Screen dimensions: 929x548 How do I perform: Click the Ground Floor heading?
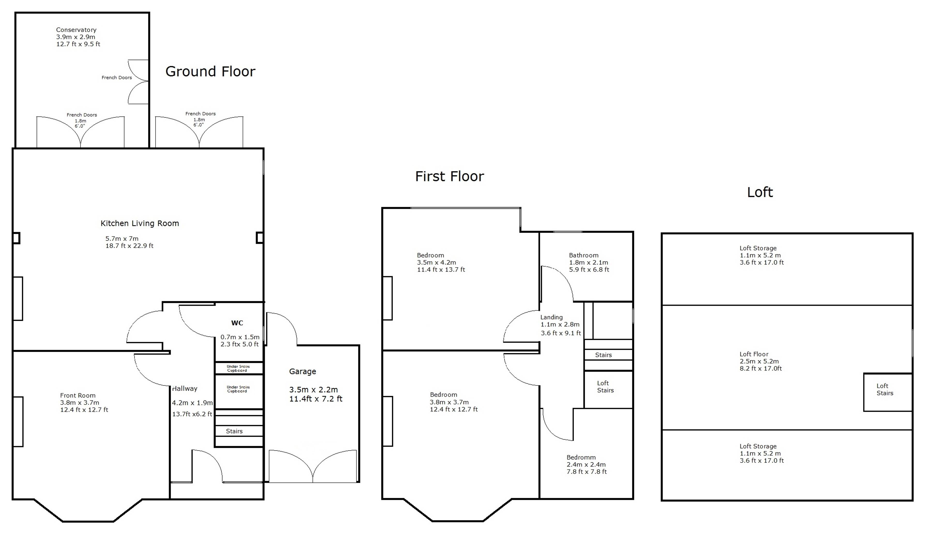point(210,71)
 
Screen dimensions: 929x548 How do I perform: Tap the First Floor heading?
point(449,177)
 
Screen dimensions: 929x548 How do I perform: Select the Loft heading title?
point(760,192)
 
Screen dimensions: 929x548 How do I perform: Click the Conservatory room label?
point(76,30)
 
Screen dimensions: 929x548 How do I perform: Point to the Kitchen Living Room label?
point(140,223)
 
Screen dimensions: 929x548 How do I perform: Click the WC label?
point(237,323)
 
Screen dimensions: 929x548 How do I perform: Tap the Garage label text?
point(302,371)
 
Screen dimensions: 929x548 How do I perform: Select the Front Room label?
point(78,396)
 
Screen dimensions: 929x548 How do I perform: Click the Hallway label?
point(185,389)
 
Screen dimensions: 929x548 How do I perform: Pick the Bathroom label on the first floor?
point(583,255)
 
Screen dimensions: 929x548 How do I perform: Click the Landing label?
point(551,317)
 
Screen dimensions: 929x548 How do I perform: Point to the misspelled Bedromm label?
point(581,457)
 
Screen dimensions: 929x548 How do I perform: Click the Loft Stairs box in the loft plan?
point(888,392)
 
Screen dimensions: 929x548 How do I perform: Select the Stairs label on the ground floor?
point(234,431)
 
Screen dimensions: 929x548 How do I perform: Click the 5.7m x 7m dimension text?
point(122,239)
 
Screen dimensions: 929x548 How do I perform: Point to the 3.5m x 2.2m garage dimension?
point(314,390)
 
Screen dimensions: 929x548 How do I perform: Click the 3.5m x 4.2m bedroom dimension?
point(436,263)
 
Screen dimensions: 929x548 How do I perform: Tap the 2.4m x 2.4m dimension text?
point(586,465)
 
